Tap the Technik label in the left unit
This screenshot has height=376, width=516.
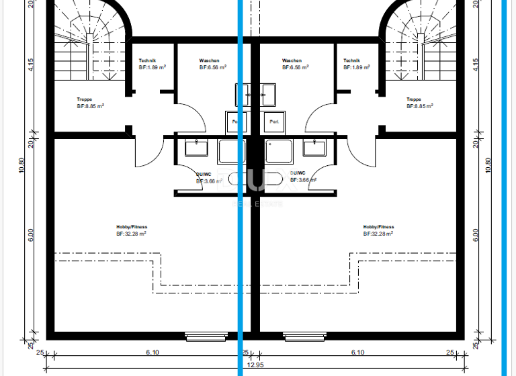click(x=148, y=61)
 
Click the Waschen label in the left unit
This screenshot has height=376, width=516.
click(x=209, y=61)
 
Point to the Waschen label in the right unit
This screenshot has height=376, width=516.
click(x=292, y=61)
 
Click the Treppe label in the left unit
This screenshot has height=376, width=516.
click(x=85, y=99)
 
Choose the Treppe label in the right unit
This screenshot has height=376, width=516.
click(x=414, y=99)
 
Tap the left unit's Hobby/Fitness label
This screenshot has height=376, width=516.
click(x=132, y=227)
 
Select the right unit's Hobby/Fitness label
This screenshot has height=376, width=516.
click(x=378, y=227)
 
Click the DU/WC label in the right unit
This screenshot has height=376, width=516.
click(x=298, y=173)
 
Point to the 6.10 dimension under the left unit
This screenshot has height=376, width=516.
click(x=152, y=352)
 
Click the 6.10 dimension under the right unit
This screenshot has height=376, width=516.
click(x=357, y=352)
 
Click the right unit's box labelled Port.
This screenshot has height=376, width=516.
click(x=274, y=122)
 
